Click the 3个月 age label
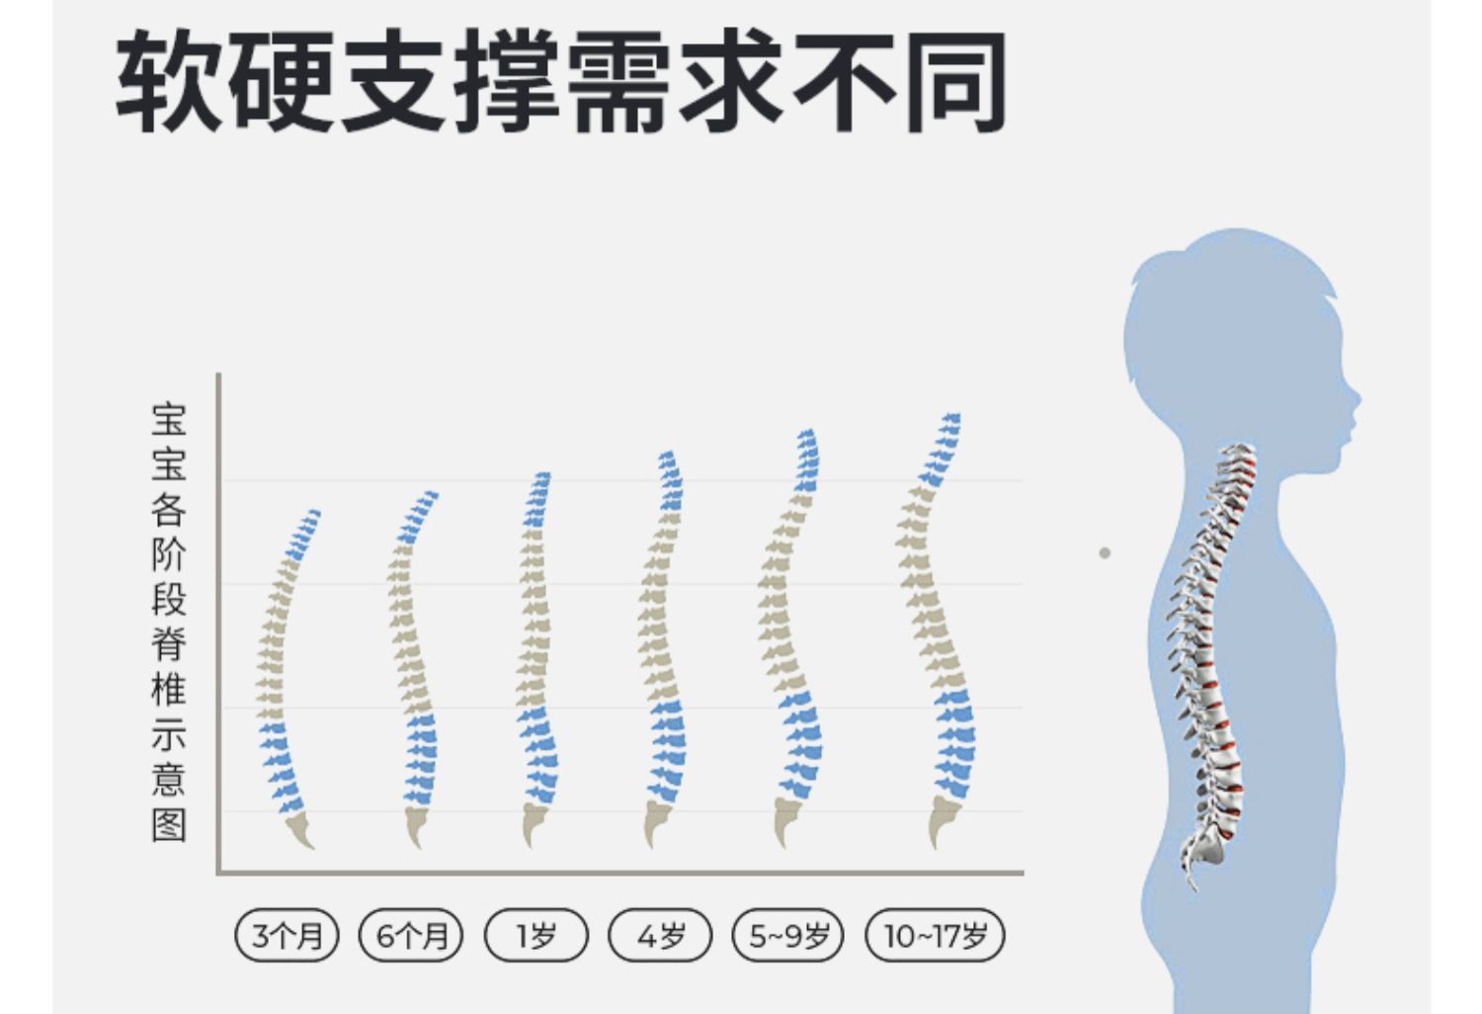coord(287,935)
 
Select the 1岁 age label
coord(536,935)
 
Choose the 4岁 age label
coord(660,935)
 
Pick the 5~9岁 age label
coord(788,935)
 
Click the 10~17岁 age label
coord(935,935)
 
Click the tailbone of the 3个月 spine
coord(299,832)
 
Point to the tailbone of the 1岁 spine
coord(534,824)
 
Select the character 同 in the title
coord(956,81)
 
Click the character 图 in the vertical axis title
coord(169,824)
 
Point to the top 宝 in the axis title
coord(169,419)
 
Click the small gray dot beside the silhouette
coord(1105,552)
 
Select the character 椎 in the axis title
coord(169,689)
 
